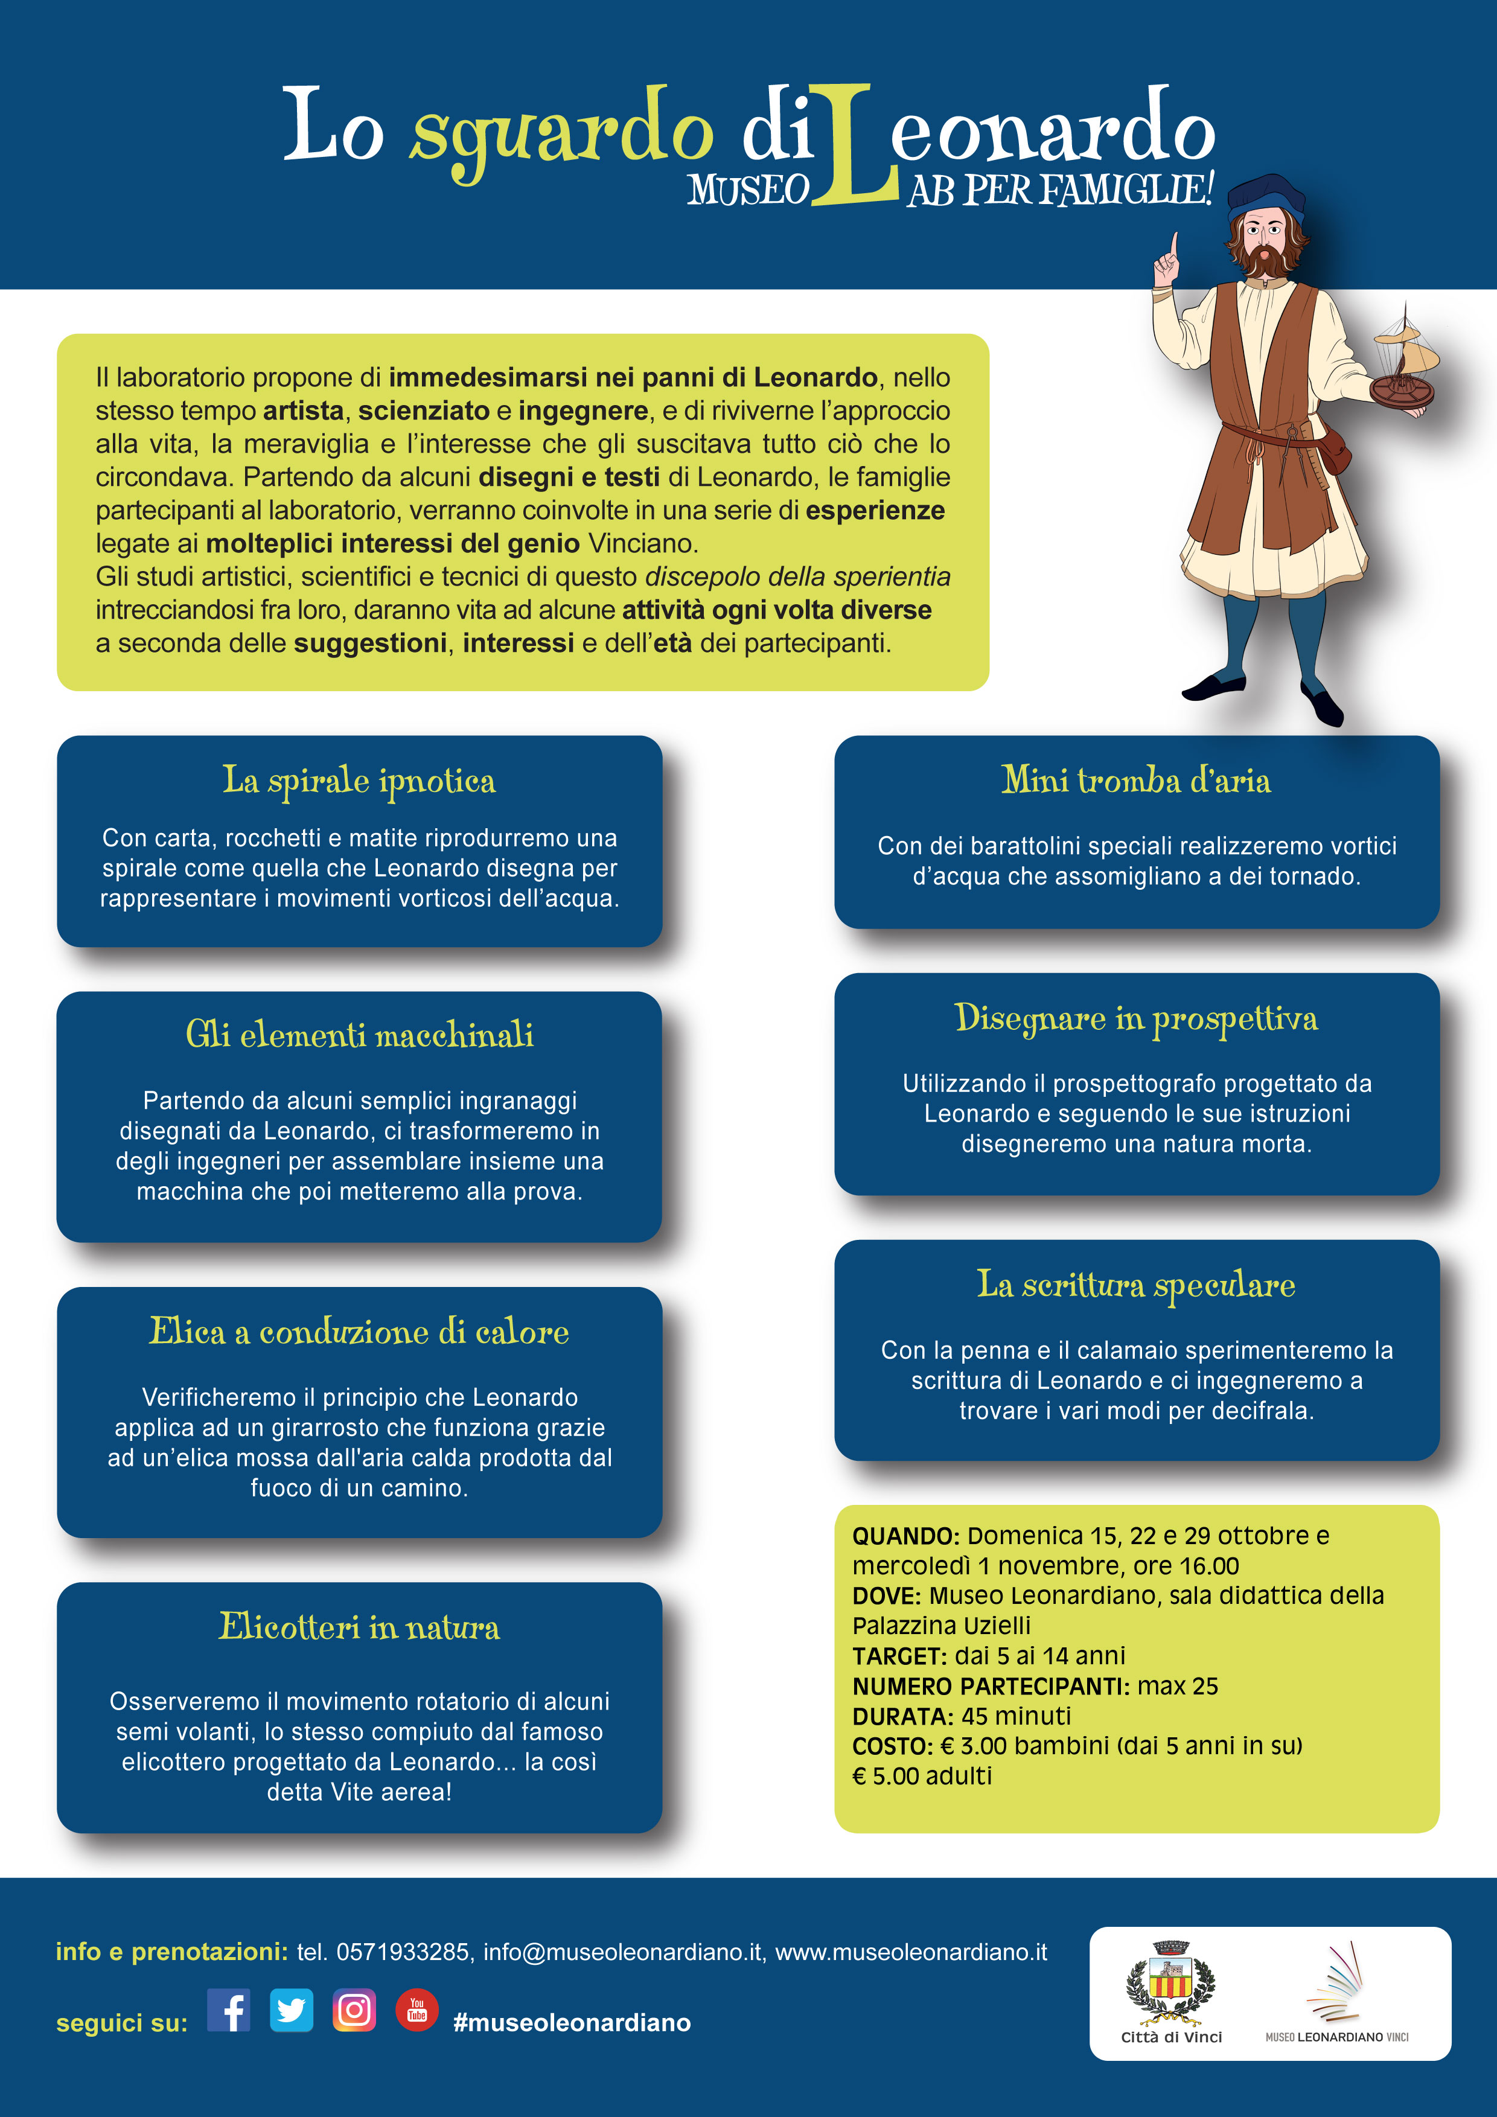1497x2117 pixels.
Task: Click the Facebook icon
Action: [x=229, y=2010]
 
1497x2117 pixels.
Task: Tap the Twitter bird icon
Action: [x=292, y=2010]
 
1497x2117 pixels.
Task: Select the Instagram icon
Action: [x=354, y=2010]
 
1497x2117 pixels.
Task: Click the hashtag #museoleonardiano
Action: [x=572, y=2023]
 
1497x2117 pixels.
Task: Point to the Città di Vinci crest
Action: [x=1170, y=1982]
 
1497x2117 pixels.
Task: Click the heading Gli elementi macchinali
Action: [x=359, y=1035]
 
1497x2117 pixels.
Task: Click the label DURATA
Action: [x=901, y=1717]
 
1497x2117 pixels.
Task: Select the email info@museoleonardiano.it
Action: [x=623, y=1952]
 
